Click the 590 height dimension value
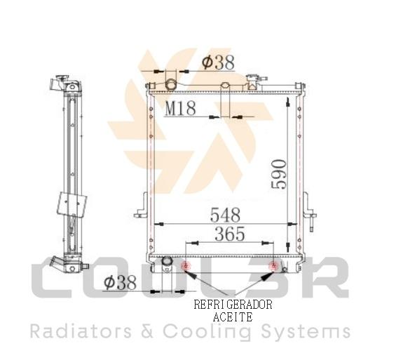[279, 174]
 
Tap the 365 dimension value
[230, 234]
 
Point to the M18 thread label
[180, 108]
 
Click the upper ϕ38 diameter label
[218, 62]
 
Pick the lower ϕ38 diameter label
[120, 282]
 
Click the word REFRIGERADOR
[233, 305]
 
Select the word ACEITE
[233, 316]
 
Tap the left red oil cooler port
[186, 266]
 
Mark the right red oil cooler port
[273, 266]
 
